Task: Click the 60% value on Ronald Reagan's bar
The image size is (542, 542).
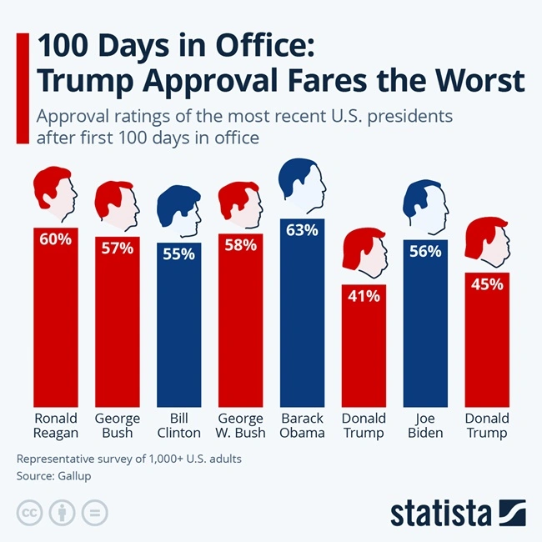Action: coord(55,239)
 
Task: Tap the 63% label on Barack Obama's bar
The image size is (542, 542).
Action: coord(302,230)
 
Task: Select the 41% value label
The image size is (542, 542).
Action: coord(364,295)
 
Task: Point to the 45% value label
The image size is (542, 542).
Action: coord(487,284)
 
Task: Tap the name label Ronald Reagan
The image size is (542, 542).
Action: coord(55,425)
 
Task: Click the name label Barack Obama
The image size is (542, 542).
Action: coord(302,425)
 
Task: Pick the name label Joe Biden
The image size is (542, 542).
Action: coord(425,425)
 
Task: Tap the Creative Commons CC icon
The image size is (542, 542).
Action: coord(30,512)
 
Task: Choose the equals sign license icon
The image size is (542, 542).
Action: coord(93,512)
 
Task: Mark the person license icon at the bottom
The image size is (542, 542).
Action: coord(62,512)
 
